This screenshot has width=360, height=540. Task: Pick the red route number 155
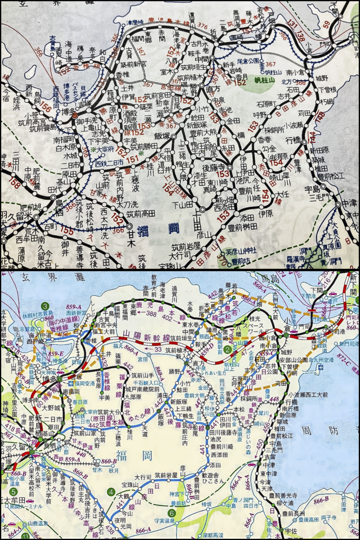(67, 230)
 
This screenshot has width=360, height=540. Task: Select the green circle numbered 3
(46, 306)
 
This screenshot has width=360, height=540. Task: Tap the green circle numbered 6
(171, 512)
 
